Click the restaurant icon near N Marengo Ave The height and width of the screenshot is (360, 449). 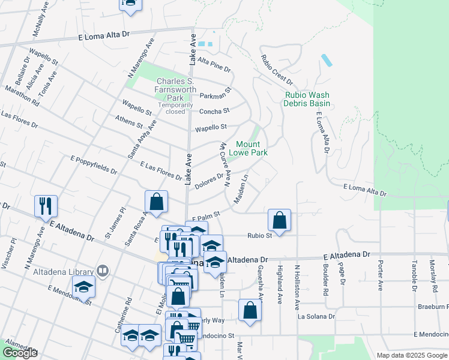click(x=46, y=206)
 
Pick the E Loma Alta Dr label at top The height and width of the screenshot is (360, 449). click(x=104, y=37)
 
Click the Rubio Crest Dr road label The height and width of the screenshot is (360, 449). click(x=277, y=70)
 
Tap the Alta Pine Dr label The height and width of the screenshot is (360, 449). click(x=214, y=62)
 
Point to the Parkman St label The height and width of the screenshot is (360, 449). click(x=215, y=95)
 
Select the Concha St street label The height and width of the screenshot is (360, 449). click(x=214, y=111)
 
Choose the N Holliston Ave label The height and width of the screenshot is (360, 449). click(x=297, y=287)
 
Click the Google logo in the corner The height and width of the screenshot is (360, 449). click(x=20, y=353)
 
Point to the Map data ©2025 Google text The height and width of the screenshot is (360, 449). click(x=411, y=355)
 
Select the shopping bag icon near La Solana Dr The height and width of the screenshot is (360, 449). click(x=250, y=310)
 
